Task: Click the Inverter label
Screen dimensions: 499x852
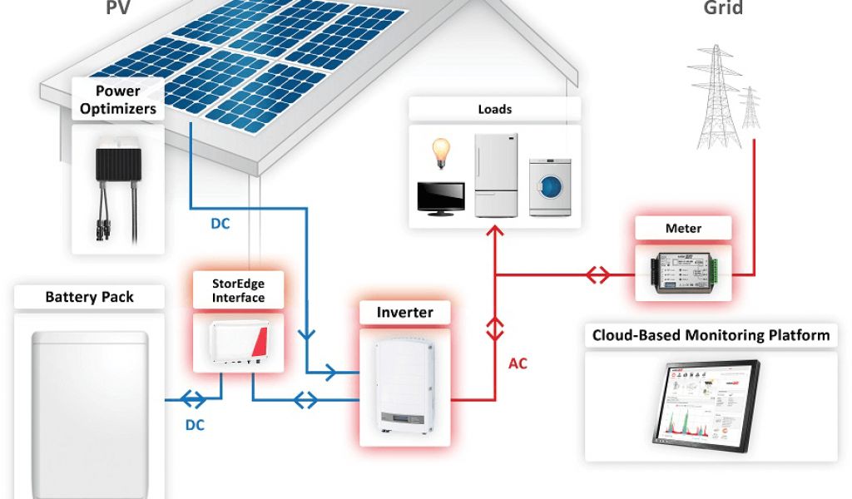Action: click(405, 313)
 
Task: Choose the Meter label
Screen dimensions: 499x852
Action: click(683, 229)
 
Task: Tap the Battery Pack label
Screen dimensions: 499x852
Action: click(89, 297)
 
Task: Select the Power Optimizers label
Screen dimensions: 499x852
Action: click(117, 100)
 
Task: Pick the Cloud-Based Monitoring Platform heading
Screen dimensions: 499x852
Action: click(711, 336)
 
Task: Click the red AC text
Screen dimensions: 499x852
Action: click(518, 363)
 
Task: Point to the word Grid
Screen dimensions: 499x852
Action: click(723, 9)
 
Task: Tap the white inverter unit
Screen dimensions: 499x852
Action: click(404, 382)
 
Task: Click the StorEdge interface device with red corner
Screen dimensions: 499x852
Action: click(238, 342)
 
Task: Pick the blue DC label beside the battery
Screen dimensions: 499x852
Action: click(194, 425)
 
